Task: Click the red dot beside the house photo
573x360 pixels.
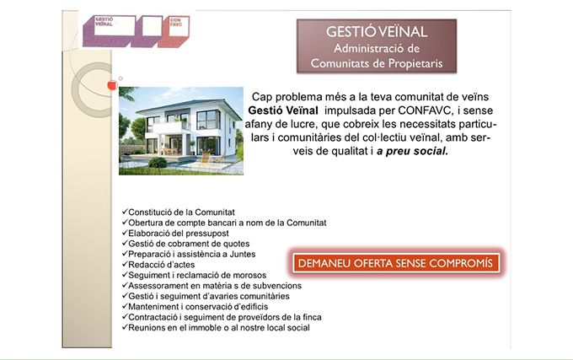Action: [108, 86]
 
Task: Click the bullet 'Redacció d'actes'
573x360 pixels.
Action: [160, 265]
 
